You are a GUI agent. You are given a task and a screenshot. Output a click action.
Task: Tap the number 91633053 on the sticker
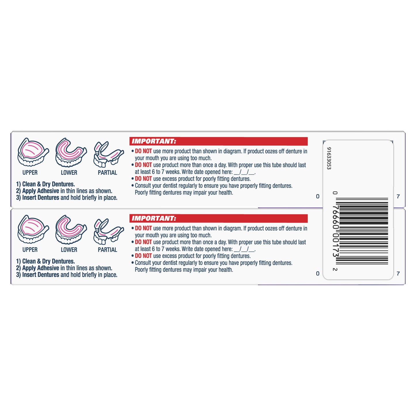329,158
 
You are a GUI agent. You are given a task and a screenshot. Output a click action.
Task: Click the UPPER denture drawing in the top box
33,152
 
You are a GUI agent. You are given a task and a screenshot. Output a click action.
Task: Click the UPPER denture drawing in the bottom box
33,229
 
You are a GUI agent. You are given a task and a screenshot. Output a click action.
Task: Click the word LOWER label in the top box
69,173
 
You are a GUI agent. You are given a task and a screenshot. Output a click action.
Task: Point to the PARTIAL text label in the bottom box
107,250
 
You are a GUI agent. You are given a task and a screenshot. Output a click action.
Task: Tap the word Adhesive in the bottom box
48,268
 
